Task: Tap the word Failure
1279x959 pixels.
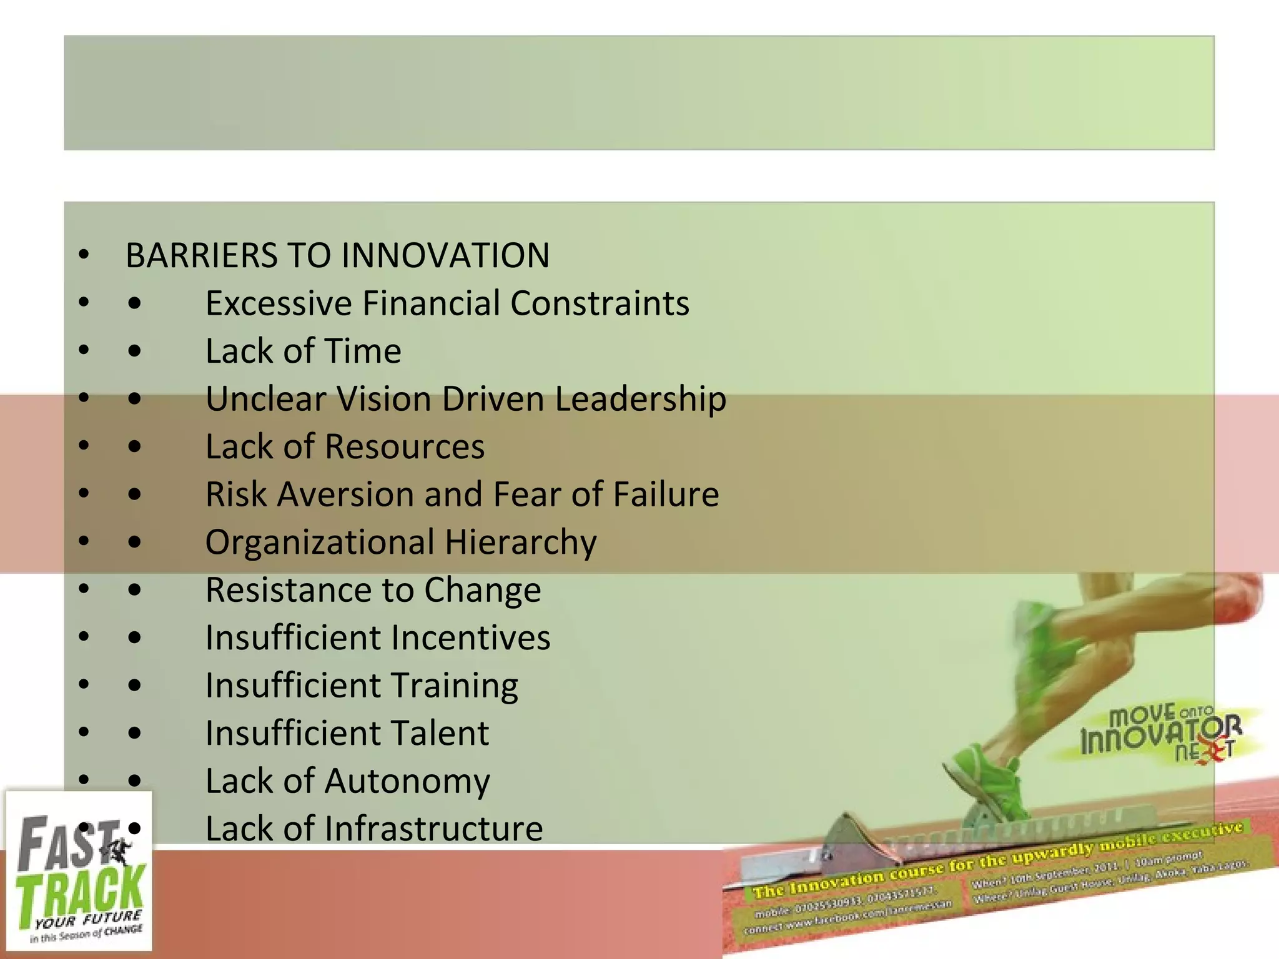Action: pyautogui.click(x=666, y=495)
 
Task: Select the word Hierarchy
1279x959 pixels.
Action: pyautogui.click(x=521, y=543)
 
